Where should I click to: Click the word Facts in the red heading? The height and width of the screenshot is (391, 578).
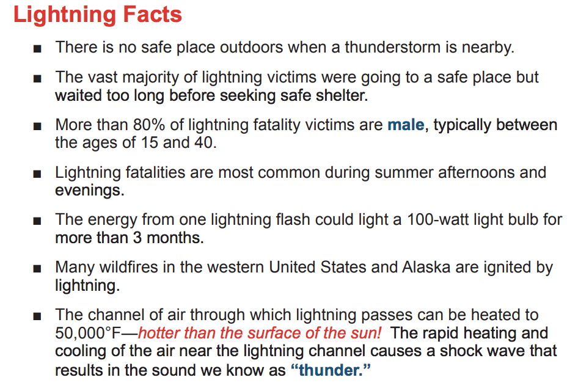152,15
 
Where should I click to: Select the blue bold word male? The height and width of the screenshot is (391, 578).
406,125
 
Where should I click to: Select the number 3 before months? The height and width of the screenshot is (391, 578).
137,238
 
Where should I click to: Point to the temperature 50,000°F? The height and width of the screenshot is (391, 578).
88,333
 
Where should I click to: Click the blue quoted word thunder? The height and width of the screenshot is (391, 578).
331,370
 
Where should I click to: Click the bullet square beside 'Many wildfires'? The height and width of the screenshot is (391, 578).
37,269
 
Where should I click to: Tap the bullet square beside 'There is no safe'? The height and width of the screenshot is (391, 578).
37,49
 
